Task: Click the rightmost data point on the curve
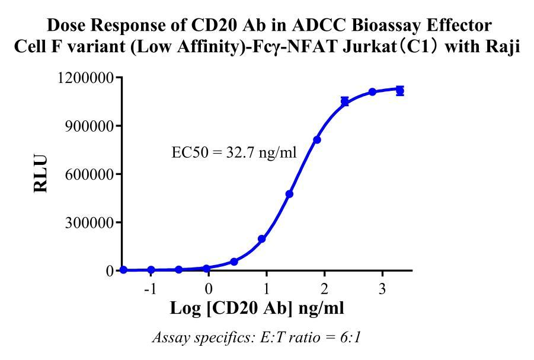[x=400, y=91]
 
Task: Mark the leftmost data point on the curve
[x=123, y=270]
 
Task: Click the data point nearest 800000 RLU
[x=317, y=140]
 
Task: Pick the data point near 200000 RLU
[x=261, y=239]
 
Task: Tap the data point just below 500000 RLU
[x=289, y=194]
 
